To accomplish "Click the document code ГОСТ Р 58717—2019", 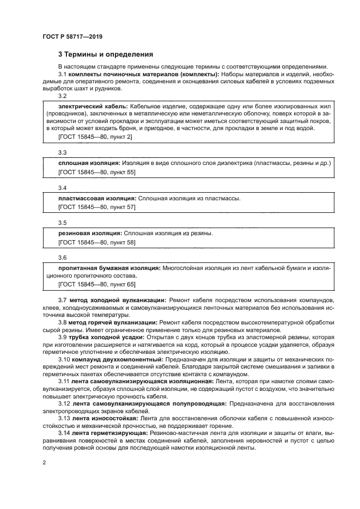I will click(72, 36).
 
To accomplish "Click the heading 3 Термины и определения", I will click(106, 54).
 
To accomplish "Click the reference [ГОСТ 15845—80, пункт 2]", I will click(95, 137).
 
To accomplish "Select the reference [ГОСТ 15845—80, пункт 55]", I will click(97, 172).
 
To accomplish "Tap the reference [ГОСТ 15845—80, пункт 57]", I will click(97, 207).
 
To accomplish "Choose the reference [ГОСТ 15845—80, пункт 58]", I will click(97, 242).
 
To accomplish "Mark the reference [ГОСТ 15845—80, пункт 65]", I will click(97, 284).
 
